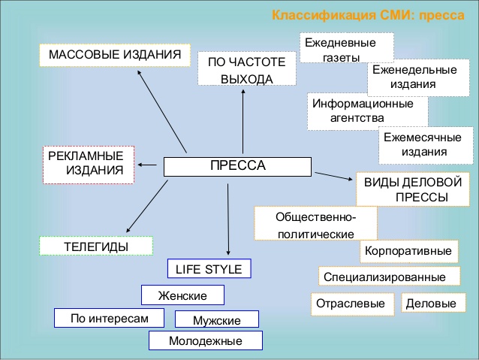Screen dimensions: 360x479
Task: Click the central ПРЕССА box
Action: (236, 166)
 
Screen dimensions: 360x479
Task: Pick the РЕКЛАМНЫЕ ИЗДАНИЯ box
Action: (89, 163)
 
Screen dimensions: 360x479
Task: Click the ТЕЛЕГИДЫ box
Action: (95, 246)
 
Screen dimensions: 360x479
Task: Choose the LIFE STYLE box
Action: (208, 269)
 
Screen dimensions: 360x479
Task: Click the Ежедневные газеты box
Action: (346, 50)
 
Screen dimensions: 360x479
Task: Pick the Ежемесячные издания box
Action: (414, 145)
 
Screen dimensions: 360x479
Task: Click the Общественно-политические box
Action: (315, 223)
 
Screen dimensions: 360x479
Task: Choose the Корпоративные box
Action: (409, 250)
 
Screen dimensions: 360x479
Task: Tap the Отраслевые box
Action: (352, 304)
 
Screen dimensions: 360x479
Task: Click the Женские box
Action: (182, 295)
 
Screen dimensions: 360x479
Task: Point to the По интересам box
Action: (110, 318)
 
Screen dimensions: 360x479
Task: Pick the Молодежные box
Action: (206, 340)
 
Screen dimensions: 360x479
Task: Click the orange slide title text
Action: (367, 16)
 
